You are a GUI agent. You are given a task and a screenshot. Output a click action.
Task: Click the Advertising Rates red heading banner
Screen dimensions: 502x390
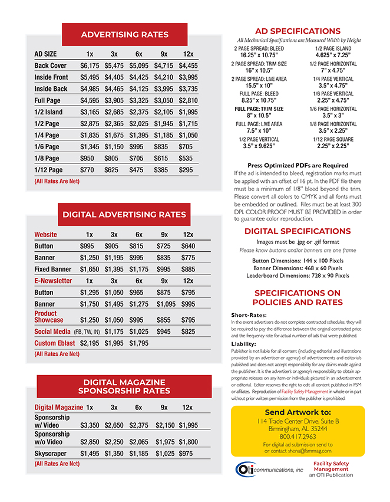(x=124, y=35)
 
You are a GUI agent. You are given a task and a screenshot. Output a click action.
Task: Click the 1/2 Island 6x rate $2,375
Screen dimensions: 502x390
(x=139, y=112)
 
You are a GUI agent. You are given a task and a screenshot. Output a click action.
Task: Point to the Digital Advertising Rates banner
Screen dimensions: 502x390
(x=124, y=215)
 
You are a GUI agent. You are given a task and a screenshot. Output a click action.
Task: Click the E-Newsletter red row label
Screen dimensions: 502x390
(x=53, y=281)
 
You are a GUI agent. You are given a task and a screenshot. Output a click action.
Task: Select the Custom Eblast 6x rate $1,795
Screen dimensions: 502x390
(x=139, y=343)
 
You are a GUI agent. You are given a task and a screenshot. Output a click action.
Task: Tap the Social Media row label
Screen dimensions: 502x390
(x=52, y=332)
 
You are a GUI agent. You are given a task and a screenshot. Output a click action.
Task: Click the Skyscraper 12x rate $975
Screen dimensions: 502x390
(x=186, y=454)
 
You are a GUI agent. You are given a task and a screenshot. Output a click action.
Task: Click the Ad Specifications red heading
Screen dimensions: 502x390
(x=298, y=31)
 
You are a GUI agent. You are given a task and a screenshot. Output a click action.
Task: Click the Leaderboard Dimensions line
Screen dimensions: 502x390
(x=298, y=275)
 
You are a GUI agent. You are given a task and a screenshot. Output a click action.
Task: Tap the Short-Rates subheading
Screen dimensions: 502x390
(x=249, y=315)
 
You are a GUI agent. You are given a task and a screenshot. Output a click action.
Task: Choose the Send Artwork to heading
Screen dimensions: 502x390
(x=298, y=412)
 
